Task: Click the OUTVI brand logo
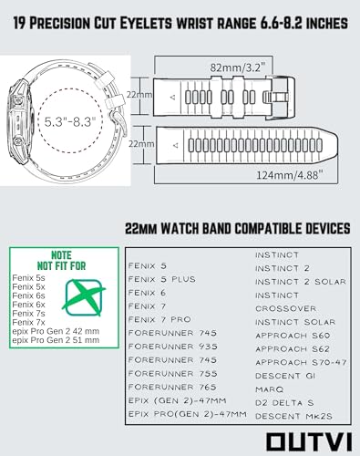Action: [309, 441]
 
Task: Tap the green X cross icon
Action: [84, 297]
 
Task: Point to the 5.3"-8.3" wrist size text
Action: [70, 122]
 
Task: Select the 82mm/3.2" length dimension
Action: [238, 67]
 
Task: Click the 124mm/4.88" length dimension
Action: [289, 175]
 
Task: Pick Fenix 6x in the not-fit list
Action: [28, 305]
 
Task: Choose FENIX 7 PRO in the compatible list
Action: [159, 319]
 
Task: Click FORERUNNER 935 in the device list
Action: [172, 347]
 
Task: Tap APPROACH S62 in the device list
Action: [293, 349]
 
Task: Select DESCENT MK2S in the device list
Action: [293, 416]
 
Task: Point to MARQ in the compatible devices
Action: [269, 389]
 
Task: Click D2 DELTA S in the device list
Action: [284, 403]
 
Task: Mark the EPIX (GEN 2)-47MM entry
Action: [177, 400]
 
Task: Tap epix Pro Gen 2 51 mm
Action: [56, 340]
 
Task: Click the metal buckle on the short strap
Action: [276, 97]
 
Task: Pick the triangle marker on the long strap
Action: [175, 145]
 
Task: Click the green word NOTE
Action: [61, 255]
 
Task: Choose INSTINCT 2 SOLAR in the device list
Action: [301, 282]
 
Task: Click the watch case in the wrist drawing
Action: [18, 121]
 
